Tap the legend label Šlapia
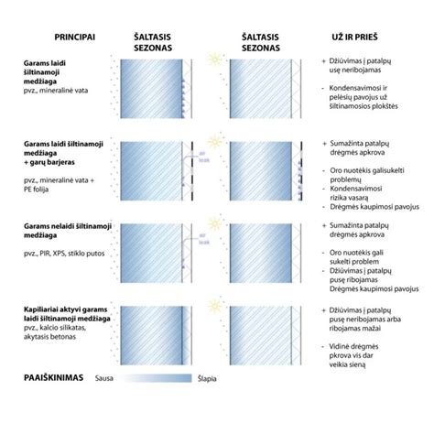tap(208, 376)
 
